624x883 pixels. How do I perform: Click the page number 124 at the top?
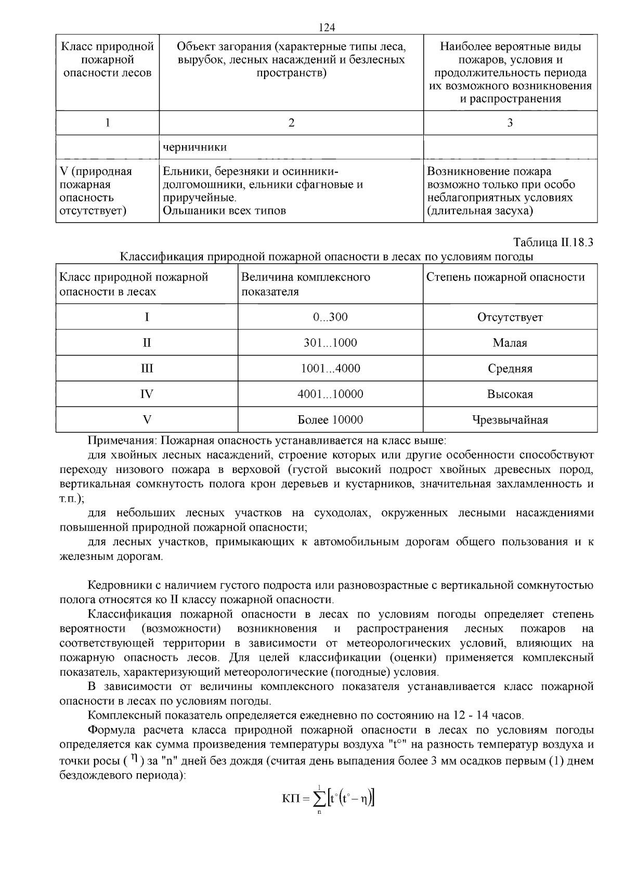(327, 27)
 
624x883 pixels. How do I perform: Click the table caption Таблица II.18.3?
(553, 242)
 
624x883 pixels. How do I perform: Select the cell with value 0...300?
(330, 317)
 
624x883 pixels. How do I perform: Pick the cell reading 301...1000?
(330, 343)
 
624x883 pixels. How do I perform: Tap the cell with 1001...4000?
(330, 368)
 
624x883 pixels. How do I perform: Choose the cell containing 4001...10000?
(330, 394)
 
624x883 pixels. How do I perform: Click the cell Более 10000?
(330, 420)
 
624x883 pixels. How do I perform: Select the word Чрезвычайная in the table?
(510, 420)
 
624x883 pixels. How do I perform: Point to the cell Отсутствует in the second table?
(510, 317)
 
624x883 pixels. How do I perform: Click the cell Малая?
(510, 343)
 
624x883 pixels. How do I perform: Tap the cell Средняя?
(510, 368)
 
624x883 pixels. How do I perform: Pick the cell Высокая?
(510, 394)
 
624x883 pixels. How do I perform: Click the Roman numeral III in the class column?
(147, 368)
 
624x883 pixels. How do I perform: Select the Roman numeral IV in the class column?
(147, 394)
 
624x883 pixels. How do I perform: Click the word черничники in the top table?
(195, 147)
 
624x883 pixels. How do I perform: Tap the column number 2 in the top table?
(291, 123)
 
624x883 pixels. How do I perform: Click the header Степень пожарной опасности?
(505, 277)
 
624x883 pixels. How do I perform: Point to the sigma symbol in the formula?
(319, 798)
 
